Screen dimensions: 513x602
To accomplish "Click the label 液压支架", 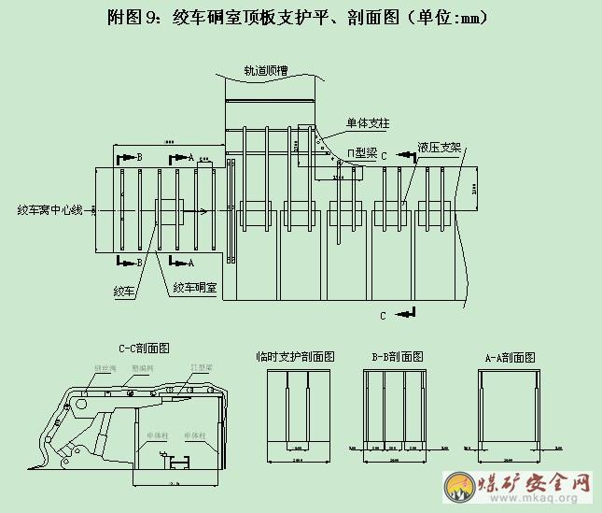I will [440, 147].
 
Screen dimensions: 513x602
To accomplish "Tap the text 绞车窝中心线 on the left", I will [47, 210].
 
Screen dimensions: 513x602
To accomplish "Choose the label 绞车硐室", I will [194, 289].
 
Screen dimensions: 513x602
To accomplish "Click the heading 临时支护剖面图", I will [296, 357].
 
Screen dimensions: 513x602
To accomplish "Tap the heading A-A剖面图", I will [510, 358].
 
